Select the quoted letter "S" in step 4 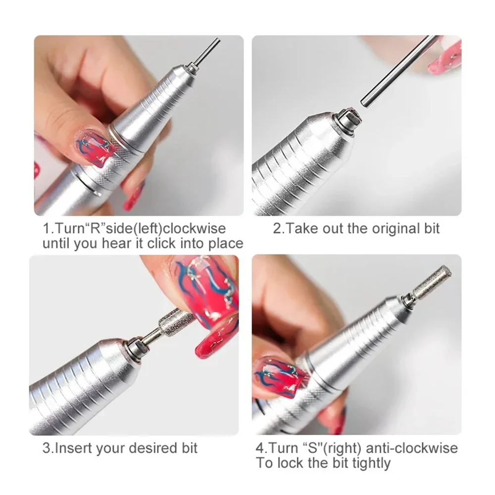pyautogui.click(x=318, y=448)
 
